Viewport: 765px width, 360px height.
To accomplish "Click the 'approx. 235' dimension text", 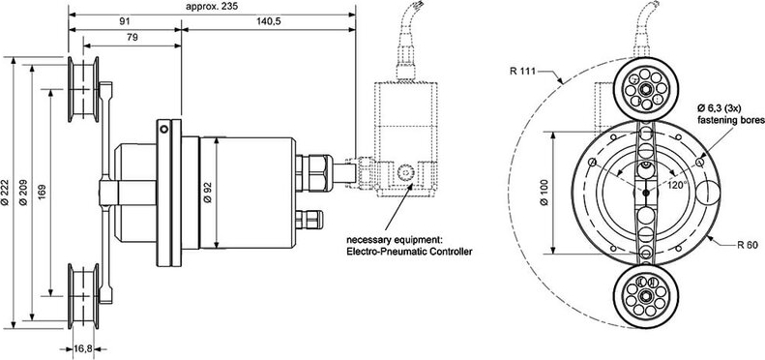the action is [208, 7].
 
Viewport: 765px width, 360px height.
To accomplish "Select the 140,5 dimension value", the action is [269, 22].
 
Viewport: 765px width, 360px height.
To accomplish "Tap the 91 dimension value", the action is [125, 22].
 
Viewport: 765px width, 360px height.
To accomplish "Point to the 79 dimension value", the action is [132, 38].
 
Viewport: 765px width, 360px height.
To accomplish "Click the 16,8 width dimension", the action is [82, 348].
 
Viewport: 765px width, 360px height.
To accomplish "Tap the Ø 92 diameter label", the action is [207, 193].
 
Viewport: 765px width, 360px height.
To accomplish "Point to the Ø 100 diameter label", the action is [544, 193].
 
